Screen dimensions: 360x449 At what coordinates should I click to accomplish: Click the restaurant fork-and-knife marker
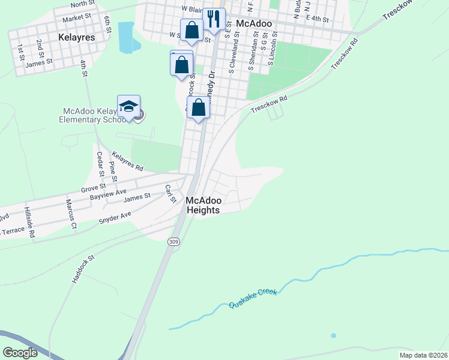213,19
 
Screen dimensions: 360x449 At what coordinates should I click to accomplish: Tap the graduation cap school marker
128,107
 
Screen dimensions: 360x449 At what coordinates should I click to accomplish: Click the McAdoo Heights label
203,205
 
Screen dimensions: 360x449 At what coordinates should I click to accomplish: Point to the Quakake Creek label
253,298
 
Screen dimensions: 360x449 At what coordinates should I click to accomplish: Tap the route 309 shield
173,241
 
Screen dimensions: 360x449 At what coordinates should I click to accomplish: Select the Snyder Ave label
115,218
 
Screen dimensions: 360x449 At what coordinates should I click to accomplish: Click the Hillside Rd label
28,223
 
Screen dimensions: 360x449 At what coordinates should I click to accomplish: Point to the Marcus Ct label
71,214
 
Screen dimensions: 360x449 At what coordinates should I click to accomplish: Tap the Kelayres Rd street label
128,160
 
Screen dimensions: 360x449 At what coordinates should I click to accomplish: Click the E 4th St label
317,19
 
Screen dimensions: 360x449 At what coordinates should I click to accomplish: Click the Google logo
20,352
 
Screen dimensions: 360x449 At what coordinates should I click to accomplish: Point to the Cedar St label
100,164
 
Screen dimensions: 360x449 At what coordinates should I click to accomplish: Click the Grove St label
94,188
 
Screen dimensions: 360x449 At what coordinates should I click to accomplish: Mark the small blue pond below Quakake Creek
333,335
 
